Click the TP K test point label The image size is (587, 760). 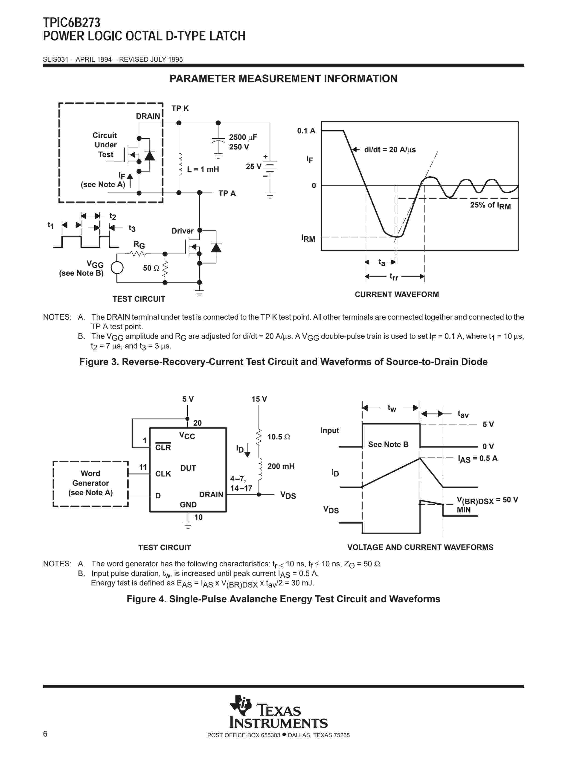point(180,108)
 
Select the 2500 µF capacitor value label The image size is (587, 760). point(243,137)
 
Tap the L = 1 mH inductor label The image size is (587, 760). point(203,169)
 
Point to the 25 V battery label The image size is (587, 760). point(253,166)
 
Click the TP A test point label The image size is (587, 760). point(227,193)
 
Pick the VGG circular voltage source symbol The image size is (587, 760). point(117,268)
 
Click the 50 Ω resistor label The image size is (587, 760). point(151,268)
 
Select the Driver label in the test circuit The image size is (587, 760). point(182,231)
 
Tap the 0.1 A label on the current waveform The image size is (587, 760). point(306,131)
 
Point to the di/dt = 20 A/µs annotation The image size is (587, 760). point(389,150)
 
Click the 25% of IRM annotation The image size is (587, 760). point(490,205)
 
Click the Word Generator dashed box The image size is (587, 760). point(90,483)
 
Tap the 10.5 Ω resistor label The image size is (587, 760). point(278,437)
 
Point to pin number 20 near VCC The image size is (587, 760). point(197,423)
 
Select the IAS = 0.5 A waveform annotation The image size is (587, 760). point(477,459)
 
